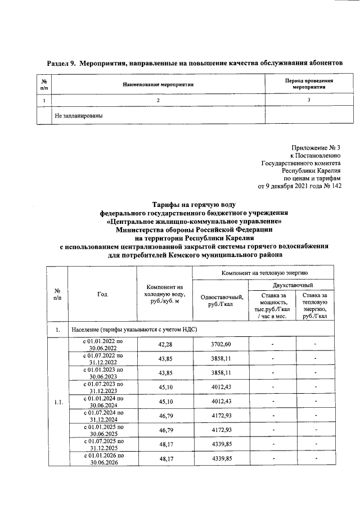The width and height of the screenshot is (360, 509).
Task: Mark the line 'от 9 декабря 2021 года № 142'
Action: (x=299, y=186)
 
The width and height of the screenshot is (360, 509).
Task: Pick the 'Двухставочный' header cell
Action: (x=289, y=286)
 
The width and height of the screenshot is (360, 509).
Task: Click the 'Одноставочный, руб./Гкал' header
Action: (x=220, y=301)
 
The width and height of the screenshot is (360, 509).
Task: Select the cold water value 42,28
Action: (x=164, y=344)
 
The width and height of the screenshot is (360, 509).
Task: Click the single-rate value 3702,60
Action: (x=220, y=344)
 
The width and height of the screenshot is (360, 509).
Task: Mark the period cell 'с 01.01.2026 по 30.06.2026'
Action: (x=102, y=459)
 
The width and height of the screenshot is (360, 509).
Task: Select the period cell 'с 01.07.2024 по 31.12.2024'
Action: (x=102, y=416)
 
